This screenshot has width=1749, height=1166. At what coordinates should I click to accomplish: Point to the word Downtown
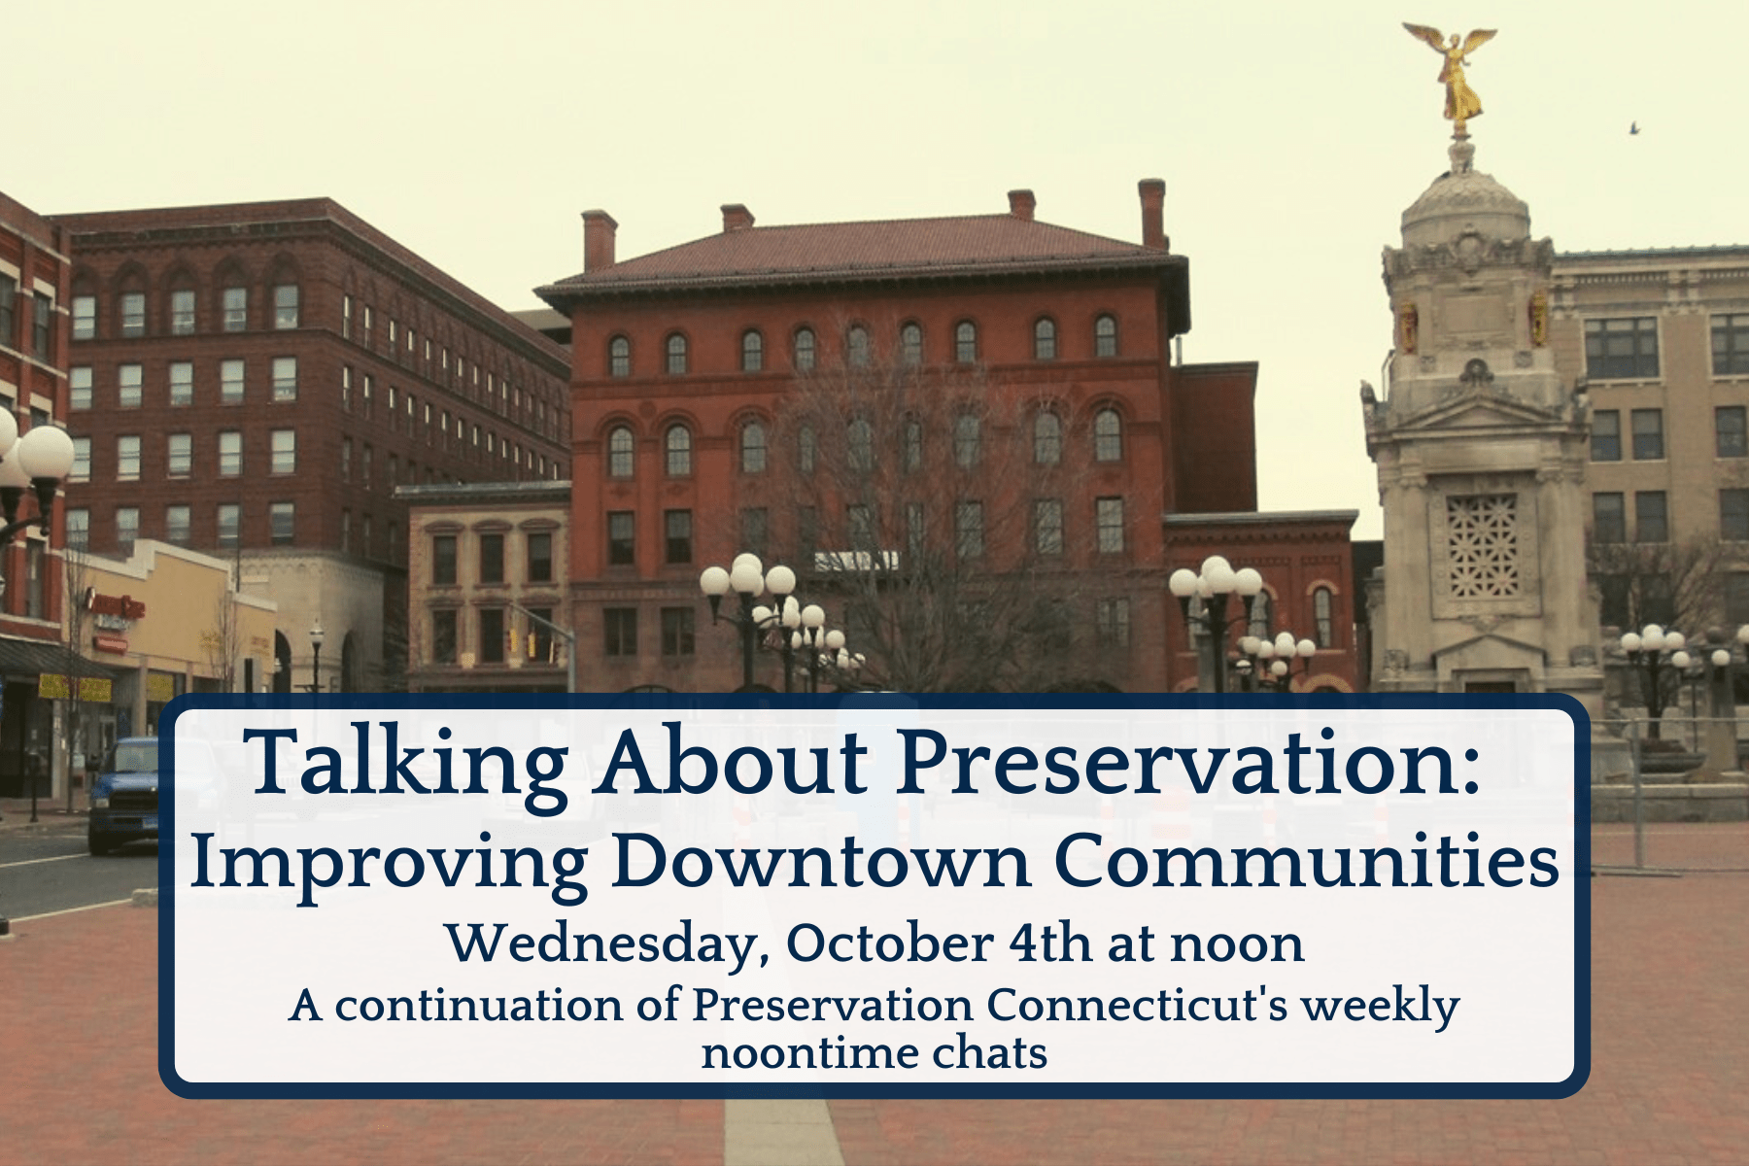821,861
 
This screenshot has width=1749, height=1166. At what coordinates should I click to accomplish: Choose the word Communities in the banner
1307,861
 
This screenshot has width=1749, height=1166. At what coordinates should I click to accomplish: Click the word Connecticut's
1138,1005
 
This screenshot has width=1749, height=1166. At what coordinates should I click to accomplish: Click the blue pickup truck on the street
123,794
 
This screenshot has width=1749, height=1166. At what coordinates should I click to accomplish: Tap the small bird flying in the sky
1634,127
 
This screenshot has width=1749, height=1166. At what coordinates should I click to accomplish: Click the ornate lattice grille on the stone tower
1482,546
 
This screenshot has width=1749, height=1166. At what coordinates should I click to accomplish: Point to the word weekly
1381,1007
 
